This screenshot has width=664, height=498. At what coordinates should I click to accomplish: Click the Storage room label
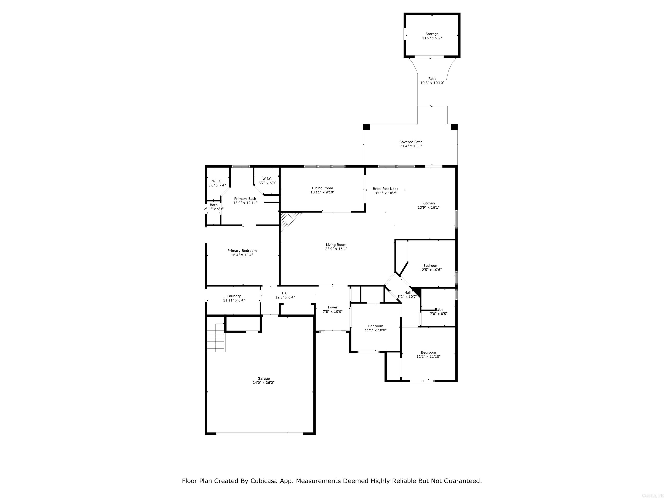[x=432, y=34]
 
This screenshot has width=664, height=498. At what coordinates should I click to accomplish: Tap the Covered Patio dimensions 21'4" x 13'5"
[x=411, y=146]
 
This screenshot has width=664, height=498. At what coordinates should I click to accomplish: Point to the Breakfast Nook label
[x=385, y=189]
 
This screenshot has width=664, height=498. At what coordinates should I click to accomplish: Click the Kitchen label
[x=428, y=203]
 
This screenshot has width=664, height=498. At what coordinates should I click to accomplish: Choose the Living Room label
[x=336, y=245]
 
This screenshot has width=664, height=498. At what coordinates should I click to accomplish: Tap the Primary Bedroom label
[x=242, y=251]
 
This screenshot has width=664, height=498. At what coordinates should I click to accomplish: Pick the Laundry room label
[x=234, y=296]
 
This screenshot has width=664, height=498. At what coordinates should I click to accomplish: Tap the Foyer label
[x=333, y=307]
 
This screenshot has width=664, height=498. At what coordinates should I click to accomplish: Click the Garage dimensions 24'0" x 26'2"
[x=263, y=383]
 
